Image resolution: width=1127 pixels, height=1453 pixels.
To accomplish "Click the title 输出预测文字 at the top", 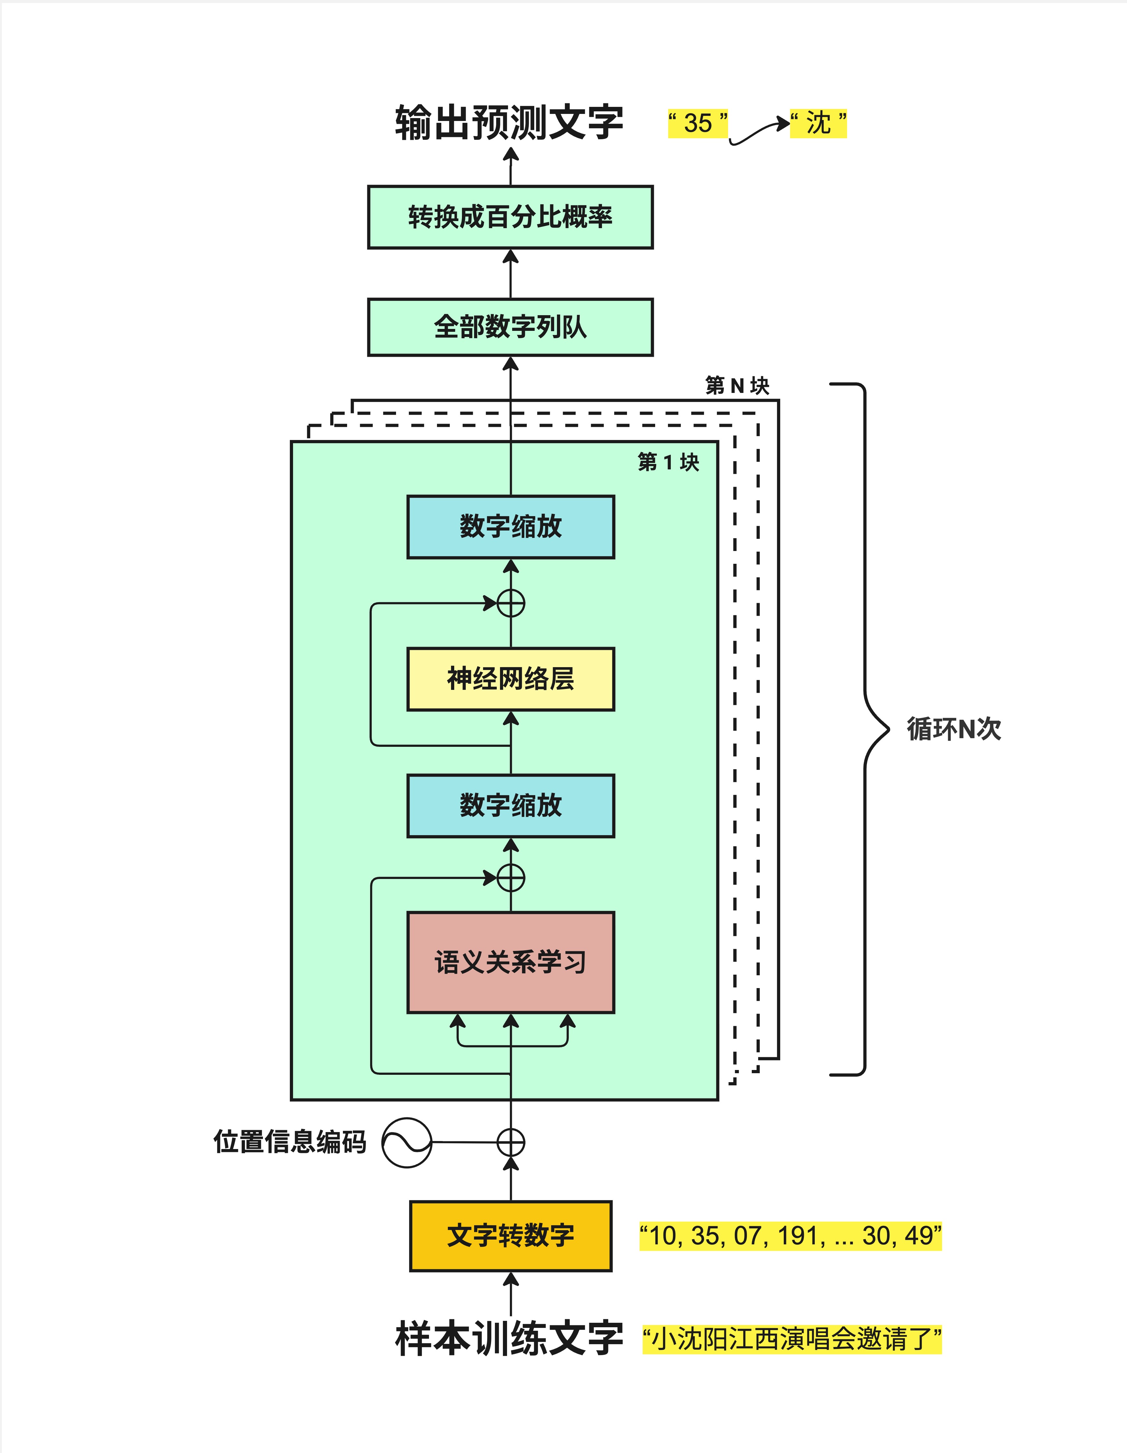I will tap(509, 123).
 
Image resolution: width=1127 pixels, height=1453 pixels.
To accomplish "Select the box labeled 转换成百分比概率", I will tap(510, 217).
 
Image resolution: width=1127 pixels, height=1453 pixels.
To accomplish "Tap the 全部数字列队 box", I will tap(510, 327).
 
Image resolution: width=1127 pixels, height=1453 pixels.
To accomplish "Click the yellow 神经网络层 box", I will tap(510, 679).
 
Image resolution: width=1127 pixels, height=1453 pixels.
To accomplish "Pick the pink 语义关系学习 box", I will tap(510, 962).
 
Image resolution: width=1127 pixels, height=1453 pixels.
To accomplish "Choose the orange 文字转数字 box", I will tap(510, 1235).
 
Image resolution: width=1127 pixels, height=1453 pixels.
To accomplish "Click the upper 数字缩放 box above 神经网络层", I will tap(510, 526).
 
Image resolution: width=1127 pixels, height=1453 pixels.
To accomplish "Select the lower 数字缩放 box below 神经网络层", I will tap(510, 805).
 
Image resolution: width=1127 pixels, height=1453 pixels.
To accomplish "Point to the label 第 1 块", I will tap(668, 462).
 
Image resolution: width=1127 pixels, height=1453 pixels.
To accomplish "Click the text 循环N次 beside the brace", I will tap(953, 729).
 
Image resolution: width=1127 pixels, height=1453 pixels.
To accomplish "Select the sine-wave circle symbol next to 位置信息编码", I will tap(407, 1142).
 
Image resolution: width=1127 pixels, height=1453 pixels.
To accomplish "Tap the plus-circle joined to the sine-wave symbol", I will tap(510, 1142).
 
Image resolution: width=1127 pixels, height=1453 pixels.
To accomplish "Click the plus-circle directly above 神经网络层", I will tap(510, 603).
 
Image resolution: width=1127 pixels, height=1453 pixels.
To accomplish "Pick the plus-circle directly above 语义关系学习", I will tap(510, 877).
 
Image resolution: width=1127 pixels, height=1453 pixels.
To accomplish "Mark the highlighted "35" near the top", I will tap(698, 123).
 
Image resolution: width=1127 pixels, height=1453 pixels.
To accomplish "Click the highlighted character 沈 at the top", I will tap(818, 123).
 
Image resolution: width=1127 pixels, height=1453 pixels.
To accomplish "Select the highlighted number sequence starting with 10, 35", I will tap(790, 1235).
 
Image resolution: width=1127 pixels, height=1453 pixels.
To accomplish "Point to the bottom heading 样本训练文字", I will tap(509, 1338).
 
